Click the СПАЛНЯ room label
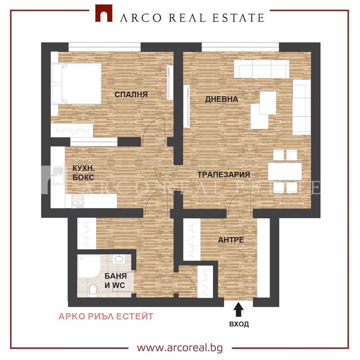pos(131,95)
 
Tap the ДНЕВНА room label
pos(221,99)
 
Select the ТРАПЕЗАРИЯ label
pos(224,174)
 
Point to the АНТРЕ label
pos(231,240)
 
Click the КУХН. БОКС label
pos(84,173)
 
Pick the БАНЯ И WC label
pos(115,281)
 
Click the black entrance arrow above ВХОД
pos(238,310)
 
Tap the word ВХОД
pos(239,324)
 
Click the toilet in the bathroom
pos(93,291)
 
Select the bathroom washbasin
pos(118,259)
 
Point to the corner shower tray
pos(89,266)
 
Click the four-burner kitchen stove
pos(77,201)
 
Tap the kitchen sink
pos(58,175)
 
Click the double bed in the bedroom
pos(76,84)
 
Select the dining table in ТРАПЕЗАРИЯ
pos(285,172)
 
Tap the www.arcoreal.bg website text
pos(180,347)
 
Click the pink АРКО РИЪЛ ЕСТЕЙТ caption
pos(106,317)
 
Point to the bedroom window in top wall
pos(104,47)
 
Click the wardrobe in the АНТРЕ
pos(192,239)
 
